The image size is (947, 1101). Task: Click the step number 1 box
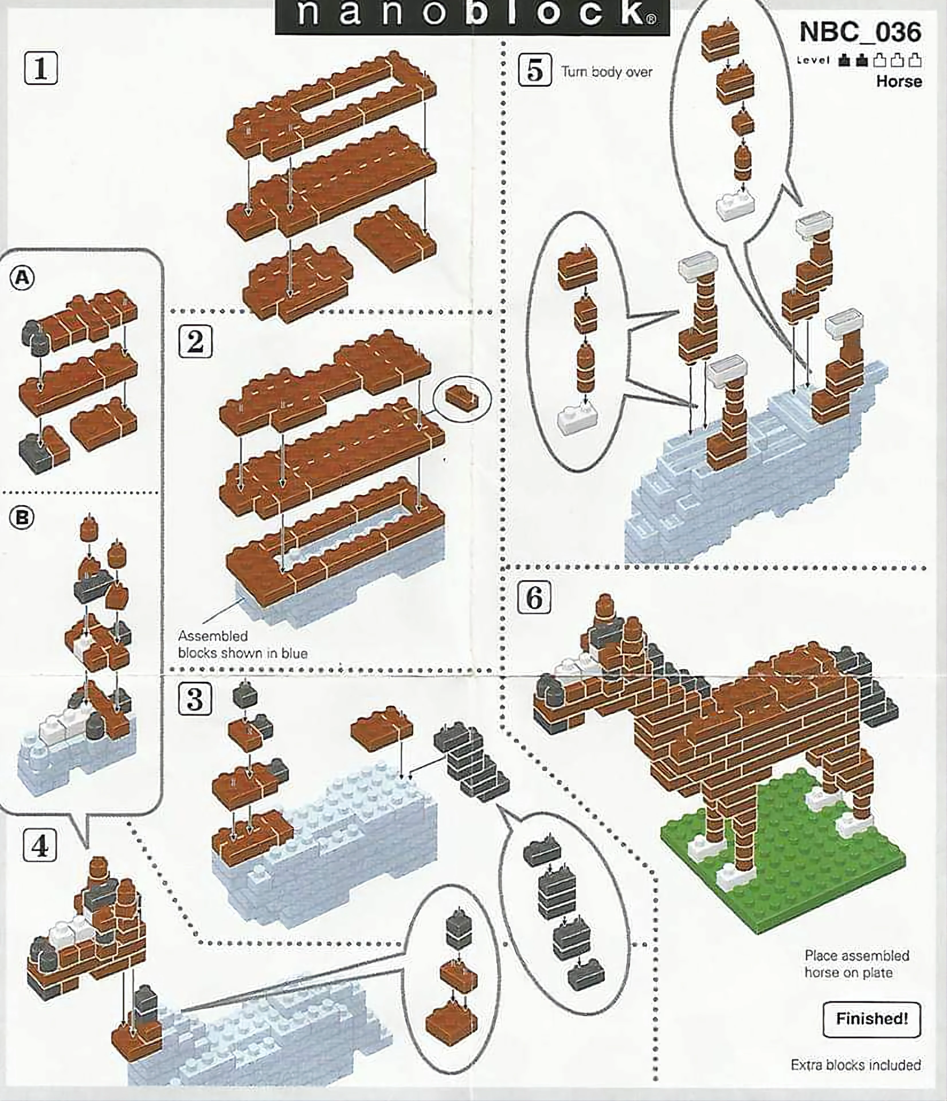coord(41,68)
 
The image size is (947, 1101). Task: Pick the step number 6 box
coord(534,597)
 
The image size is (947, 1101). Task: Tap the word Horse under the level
coord(899,81)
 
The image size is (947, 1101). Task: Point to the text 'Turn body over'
coord(606,72)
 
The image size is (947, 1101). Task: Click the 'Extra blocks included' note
coord(856,1064)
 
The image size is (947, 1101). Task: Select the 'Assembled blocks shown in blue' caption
coord(243,644)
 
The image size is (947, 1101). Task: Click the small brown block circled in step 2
coord(461,397)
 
